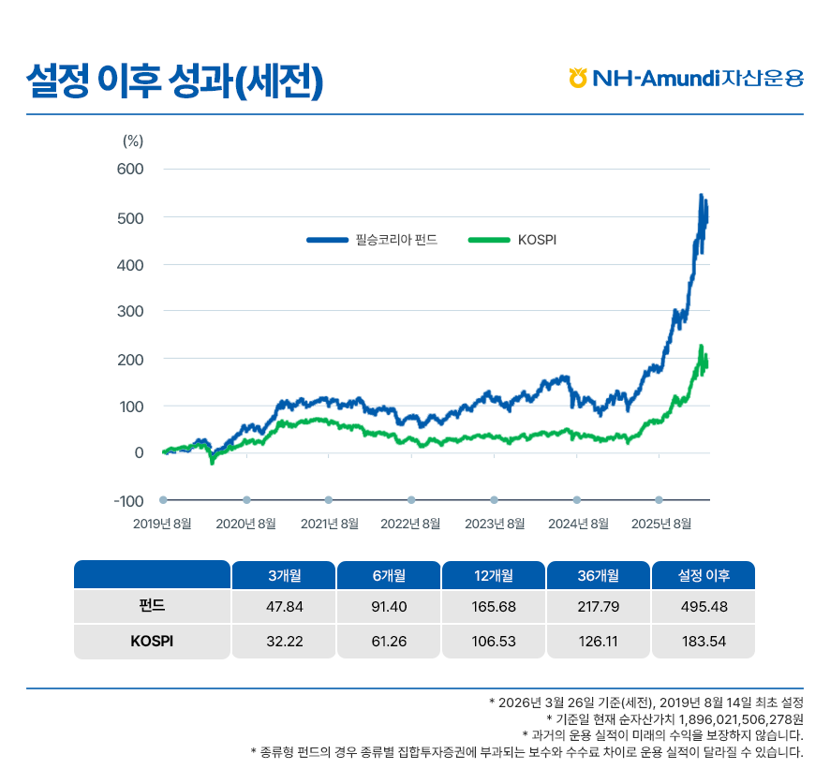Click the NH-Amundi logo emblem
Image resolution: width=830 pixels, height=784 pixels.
pyautogui.click(x=578, y=78)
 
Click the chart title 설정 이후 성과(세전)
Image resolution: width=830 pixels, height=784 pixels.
pyautogui.click(x=175, y=80)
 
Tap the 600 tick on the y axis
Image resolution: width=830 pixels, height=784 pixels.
pyautogui.click(x=129, y=170)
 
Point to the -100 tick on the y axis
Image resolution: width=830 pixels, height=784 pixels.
pyautogui.click(x=128, y=501)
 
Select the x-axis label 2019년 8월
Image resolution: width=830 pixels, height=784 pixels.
pyautogui.click(x=162, y=524)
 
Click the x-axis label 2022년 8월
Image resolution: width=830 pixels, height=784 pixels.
pyautogui.click(x=410, y=524)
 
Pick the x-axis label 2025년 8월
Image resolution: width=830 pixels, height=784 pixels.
pyautogui.click(x=661, y=524)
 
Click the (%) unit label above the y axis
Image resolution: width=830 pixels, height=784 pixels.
pyautogui.click(x=132, y=141)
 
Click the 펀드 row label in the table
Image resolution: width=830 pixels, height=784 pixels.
pyautogui.click(x=152, y=606)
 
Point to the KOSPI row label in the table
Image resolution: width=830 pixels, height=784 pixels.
pyautogui.click(x=152, y=642)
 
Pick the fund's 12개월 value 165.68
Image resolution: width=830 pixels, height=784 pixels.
pyautogui.click(x=494, y=607)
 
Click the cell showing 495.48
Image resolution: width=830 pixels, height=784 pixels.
pyautogui.click(x=704, y=607)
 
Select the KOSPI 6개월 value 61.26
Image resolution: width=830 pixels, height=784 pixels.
pyautogui.click(x=389, y=642)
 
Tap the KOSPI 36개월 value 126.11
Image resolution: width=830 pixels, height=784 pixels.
pyautogui.click(x=599, y=642)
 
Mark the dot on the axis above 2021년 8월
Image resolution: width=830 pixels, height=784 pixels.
pyautogui.click(x=329, y=500)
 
